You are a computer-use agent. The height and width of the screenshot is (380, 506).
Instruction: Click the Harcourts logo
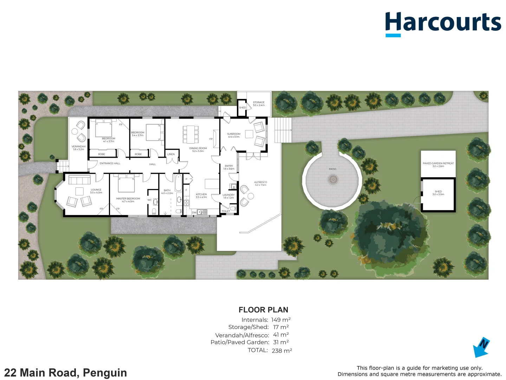pyautogui.click(x=443, y=23)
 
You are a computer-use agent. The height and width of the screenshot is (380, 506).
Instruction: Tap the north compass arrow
pyautogui.click(x=481, y=348)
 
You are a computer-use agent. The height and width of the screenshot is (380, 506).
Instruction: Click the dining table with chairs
pyautogui.click(x=190, y=134)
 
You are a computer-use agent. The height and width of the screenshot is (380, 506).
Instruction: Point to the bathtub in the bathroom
pyautogui.click(x=178, y=183)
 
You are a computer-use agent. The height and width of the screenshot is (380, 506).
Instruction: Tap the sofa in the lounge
pyautogui.click(x=79, y=180)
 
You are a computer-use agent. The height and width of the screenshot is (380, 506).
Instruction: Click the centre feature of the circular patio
pyautogui.click(x=333, y=180)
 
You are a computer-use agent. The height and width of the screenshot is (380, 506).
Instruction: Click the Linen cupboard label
pyautogui.click(x=171, y=154)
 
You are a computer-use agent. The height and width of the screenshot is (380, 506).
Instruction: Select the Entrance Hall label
pyautogui.click(x=110, y=163)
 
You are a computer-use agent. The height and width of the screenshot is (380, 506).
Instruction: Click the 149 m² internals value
pyautogui.click(x=281, y=320)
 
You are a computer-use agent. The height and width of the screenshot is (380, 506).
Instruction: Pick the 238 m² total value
pyautogui.click(x=282, y=350)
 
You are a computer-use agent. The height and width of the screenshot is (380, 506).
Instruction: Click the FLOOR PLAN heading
pyautogui.click(x=263, y=310)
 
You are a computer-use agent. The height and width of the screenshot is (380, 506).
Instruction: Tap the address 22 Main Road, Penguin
pyautogui.click(x=65, y=373)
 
